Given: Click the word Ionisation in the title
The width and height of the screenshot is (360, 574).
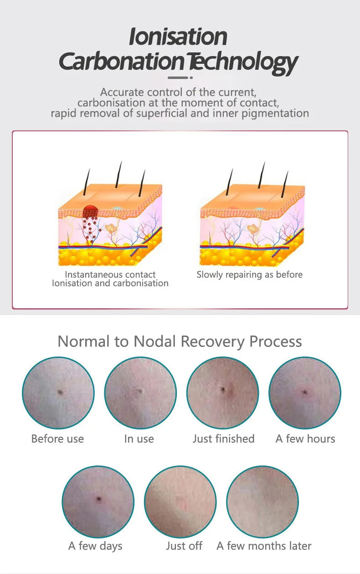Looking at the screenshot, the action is pyautogui.click(x=178, y=37).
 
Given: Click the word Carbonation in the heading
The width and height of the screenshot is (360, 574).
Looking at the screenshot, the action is pyautogui.click(x=122, y=62).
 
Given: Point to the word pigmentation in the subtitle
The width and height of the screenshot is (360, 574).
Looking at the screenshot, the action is pyautogui.click(x=275, y=114).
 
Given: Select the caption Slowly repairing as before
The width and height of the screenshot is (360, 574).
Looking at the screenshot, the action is pyautogui.click(x=250, y=275).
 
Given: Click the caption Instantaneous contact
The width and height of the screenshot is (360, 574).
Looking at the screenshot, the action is pyautogui.click(x=110, y=274).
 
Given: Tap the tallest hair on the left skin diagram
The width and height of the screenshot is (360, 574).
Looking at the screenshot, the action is pyautogui.click(x=118, y=174).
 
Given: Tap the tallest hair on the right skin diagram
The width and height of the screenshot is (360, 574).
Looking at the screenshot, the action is pyautogui.click(x=262, y=175).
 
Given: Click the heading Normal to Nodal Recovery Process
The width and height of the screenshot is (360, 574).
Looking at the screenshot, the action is pyautogui.click(x=180, y=341).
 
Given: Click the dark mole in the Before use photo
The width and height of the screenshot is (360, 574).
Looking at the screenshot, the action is pyautogui.click(x=60, y=392).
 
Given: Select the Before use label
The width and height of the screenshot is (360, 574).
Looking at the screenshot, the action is pyautogui.click(x=57, y=439).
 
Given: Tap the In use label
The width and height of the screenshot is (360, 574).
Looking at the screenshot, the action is pyautogui.click(x=139, y=439).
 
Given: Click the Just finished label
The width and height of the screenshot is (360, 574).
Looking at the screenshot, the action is pyautogui.click(x=224, y=439).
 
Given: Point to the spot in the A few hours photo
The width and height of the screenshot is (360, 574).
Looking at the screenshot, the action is pyautogui.click(x=305, y=392).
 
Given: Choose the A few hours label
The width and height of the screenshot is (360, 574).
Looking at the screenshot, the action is pyautogui.click(x=305, y=439).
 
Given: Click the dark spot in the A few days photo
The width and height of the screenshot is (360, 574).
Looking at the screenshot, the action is pyautogui.click(x=98, y=499).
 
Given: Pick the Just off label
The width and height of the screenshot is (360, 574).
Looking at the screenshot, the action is pyautogui.click(x=184, y=546).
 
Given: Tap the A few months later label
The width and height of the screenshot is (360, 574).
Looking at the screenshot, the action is pyautogui.click(x=264, y=546).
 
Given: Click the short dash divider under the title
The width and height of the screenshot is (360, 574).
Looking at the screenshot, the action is pyautogui.click(x=180, y=78).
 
